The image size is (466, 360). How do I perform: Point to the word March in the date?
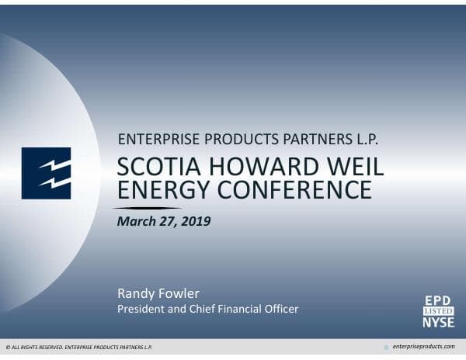134,221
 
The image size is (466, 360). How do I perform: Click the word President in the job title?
141,309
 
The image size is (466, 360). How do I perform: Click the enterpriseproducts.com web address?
424,347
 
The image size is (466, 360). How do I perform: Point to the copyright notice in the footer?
78,348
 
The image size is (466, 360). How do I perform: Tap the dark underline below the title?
148,208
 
